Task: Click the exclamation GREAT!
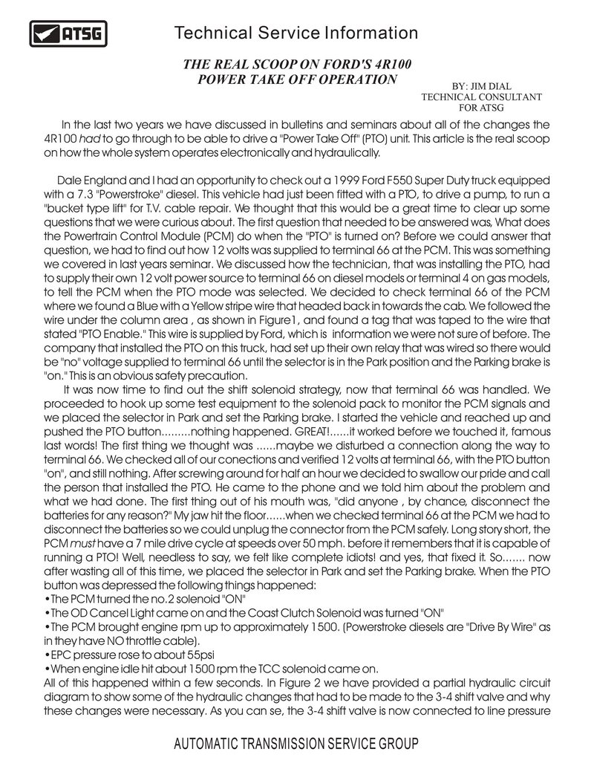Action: click(x=305, y=431)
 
